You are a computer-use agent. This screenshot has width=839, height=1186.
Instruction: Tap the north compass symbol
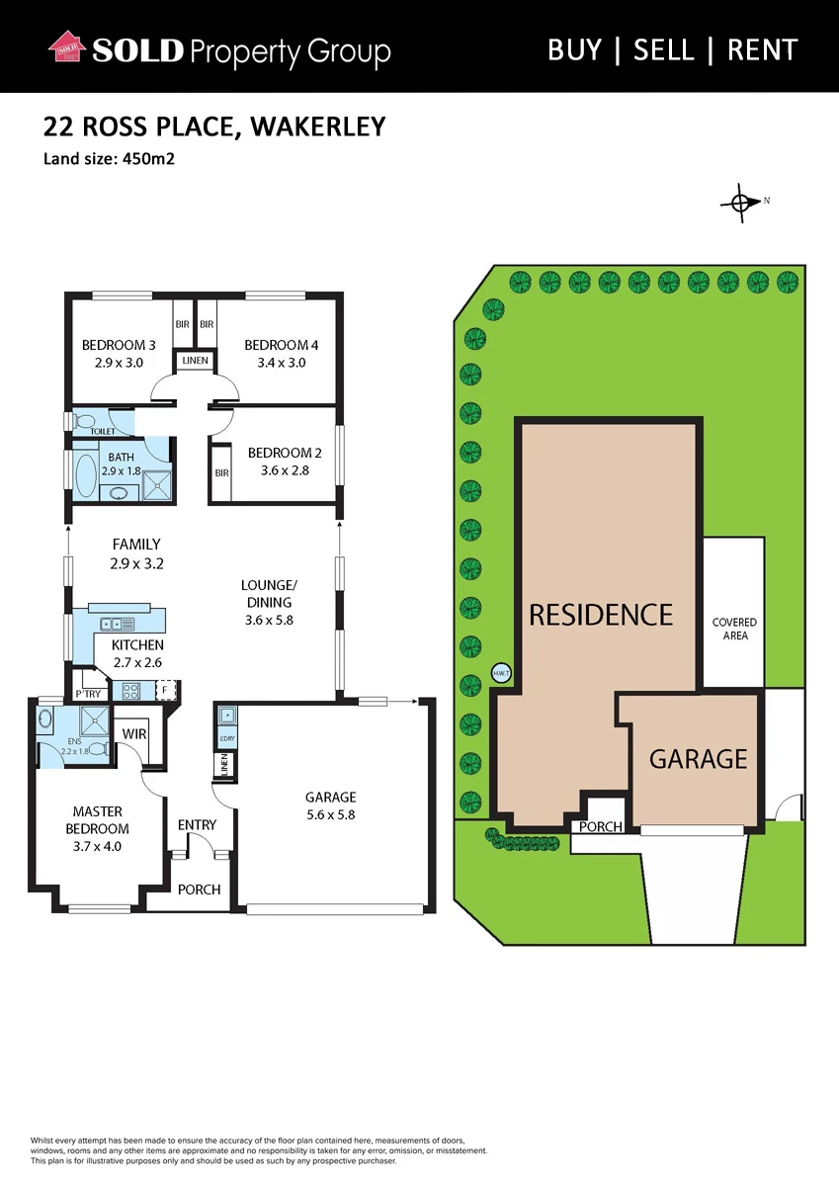(742, 203)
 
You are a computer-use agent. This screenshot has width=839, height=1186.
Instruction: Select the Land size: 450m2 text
(109, 159)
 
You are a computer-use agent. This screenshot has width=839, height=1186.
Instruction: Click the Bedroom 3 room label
(119, 345)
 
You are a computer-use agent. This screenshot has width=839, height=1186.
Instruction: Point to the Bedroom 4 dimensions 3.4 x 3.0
(281, 363)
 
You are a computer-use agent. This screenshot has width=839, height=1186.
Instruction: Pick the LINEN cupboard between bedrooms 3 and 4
(196, 361)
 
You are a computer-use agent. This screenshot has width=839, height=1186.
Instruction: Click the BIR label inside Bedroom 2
(222, 472)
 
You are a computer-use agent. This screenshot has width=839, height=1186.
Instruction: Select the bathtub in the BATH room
(86, 475)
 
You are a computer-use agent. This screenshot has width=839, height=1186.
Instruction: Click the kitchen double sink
(118, 624)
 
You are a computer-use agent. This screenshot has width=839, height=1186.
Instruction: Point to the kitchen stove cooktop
(131, 691)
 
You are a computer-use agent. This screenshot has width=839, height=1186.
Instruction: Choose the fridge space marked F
(165, 691)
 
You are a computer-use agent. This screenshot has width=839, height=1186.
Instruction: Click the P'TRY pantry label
(88, 694)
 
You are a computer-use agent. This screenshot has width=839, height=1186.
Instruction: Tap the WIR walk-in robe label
(134, 733)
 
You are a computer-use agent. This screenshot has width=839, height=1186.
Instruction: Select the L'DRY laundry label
(226, 738)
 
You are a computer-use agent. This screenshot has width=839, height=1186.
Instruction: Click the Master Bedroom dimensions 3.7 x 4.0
(98, 846)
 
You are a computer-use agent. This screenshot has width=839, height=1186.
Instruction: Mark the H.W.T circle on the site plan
(501, 673)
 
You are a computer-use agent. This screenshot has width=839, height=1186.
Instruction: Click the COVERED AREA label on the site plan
(734, 629)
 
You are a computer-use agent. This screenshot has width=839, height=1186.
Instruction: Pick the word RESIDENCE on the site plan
(601, 614)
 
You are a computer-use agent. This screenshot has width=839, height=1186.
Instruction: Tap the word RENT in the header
(762, 50)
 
